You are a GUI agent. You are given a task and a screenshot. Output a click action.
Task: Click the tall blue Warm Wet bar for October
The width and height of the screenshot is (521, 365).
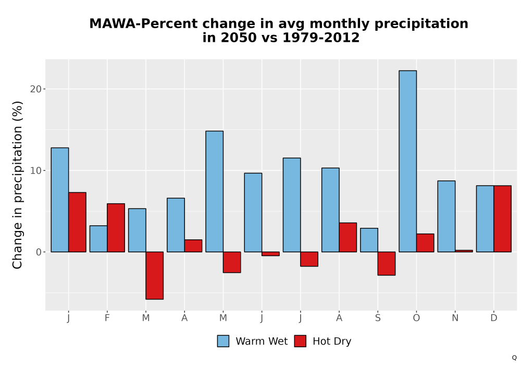(x=408, y=161)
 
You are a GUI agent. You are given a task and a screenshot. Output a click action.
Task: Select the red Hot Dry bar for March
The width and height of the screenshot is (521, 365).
(x=155, y=276)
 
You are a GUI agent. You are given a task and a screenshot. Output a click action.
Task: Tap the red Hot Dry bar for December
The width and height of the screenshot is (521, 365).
(x=502, y=218)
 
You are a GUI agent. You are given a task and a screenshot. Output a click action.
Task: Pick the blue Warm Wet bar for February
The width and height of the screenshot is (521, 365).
(x=98, y=239)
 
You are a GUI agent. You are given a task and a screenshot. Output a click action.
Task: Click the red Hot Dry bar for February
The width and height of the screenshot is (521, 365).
(x=116, y=228)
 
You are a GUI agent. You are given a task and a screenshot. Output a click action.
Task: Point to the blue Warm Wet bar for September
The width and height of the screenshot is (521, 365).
(x=369, y=240)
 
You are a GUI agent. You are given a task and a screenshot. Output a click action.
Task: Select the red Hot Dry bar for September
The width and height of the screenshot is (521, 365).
(x=387, y=264)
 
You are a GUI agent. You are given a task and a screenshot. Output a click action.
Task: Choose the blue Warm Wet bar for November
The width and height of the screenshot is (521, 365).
(x=446, y=216)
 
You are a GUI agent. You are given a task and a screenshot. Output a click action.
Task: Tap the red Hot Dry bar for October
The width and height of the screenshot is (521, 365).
(x=425, y=243)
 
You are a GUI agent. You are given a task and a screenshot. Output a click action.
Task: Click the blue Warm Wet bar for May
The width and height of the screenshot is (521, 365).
(x=215, y=191)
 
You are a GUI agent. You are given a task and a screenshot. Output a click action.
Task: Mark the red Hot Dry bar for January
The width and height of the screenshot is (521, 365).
(x=78, y=222)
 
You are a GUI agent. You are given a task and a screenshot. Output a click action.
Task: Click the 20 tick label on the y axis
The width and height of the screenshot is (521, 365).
(x=36, y=89)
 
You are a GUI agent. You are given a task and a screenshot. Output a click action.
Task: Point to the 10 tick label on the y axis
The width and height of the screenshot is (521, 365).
(x=36, y=171)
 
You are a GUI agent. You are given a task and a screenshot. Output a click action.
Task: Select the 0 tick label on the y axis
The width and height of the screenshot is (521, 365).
(x=39, y=252)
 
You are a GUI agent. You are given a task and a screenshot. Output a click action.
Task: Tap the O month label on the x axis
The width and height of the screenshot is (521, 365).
(x=416, y=318)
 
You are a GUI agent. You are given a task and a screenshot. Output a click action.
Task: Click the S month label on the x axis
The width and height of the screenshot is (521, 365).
(x=378, y=318)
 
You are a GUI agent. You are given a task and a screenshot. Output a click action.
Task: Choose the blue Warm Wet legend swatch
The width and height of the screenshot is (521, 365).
(x=224, y=341)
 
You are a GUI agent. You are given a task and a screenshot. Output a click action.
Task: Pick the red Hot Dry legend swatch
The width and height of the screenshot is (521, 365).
(x=301, y=341)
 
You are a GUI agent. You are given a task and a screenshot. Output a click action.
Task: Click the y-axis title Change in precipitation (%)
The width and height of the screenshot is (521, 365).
(x=17, y=185)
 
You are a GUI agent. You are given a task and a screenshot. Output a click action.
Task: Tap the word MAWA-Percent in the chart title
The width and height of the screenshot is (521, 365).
(x=144, y=24)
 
